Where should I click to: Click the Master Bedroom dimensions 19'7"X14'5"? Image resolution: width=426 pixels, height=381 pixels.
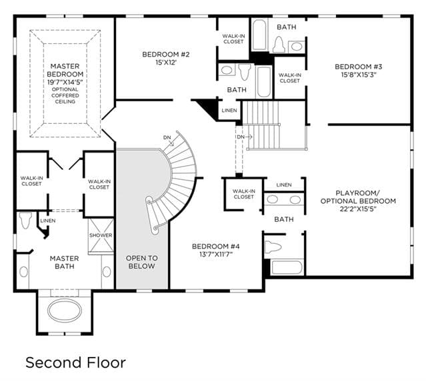pyautogui.click(x=65, y=82)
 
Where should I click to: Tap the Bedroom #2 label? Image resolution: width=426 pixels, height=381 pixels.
pyautogui.click(x=166, y=54)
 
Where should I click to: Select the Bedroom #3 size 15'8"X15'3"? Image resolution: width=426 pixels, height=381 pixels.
pyautogui.click(x=359, y=75)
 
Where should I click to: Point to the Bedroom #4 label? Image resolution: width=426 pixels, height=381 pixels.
pyautogui.click(x=216, y=246)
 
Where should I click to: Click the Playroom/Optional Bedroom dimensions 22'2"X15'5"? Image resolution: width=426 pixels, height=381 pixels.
pyautogui.click(x=358, y=209)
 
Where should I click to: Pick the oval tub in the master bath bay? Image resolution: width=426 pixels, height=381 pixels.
pyautogui.click(x=65, y=310)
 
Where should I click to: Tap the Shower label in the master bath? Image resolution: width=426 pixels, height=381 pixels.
pyautogui.click(x=101, y=235)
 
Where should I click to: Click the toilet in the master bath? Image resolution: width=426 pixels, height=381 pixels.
pyautogui.click(x=25, y=220)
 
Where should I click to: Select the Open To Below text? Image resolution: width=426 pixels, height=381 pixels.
pyautogui.click(x=141, y=262)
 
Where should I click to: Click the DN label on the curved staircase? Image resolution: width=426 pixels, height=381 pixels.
pyautogui.click(x=167, y=138)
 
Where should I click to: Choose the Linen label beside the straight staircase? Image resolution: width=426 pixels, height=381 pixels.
pyautogui.click(x=229, y=111)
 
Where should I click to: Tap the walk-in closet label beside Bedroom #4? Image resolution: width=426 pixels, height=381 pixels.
pyautogui.click(x=244, y=194)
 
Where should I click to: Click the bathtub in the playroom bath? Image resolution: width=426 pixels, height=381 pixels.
pyautogui.click(x=287, y=267)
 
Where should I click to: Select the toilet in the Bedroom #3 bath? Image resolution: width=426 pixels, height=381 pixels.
pyautogui.click(x=279, y=44)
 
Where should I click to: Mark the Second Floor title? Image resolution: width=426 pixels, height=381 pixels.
pyautogui.click(x=75, y=362)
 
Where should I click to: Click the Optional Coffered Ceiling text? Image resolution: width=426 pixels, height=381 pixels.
pyautogui.click(x=65, y=95)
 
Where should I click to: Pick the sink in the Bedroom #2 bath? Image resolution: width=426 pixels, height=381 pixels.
pyautogui.click(x=227, y=70)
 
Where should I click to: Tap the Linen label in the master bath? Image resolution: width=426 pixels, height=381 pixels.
pyautogui.click(x=48, y=220)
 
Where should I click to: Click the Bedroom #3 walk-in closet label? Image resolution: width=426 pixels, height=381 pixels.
pyautogui.click(x=289, y=78)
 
